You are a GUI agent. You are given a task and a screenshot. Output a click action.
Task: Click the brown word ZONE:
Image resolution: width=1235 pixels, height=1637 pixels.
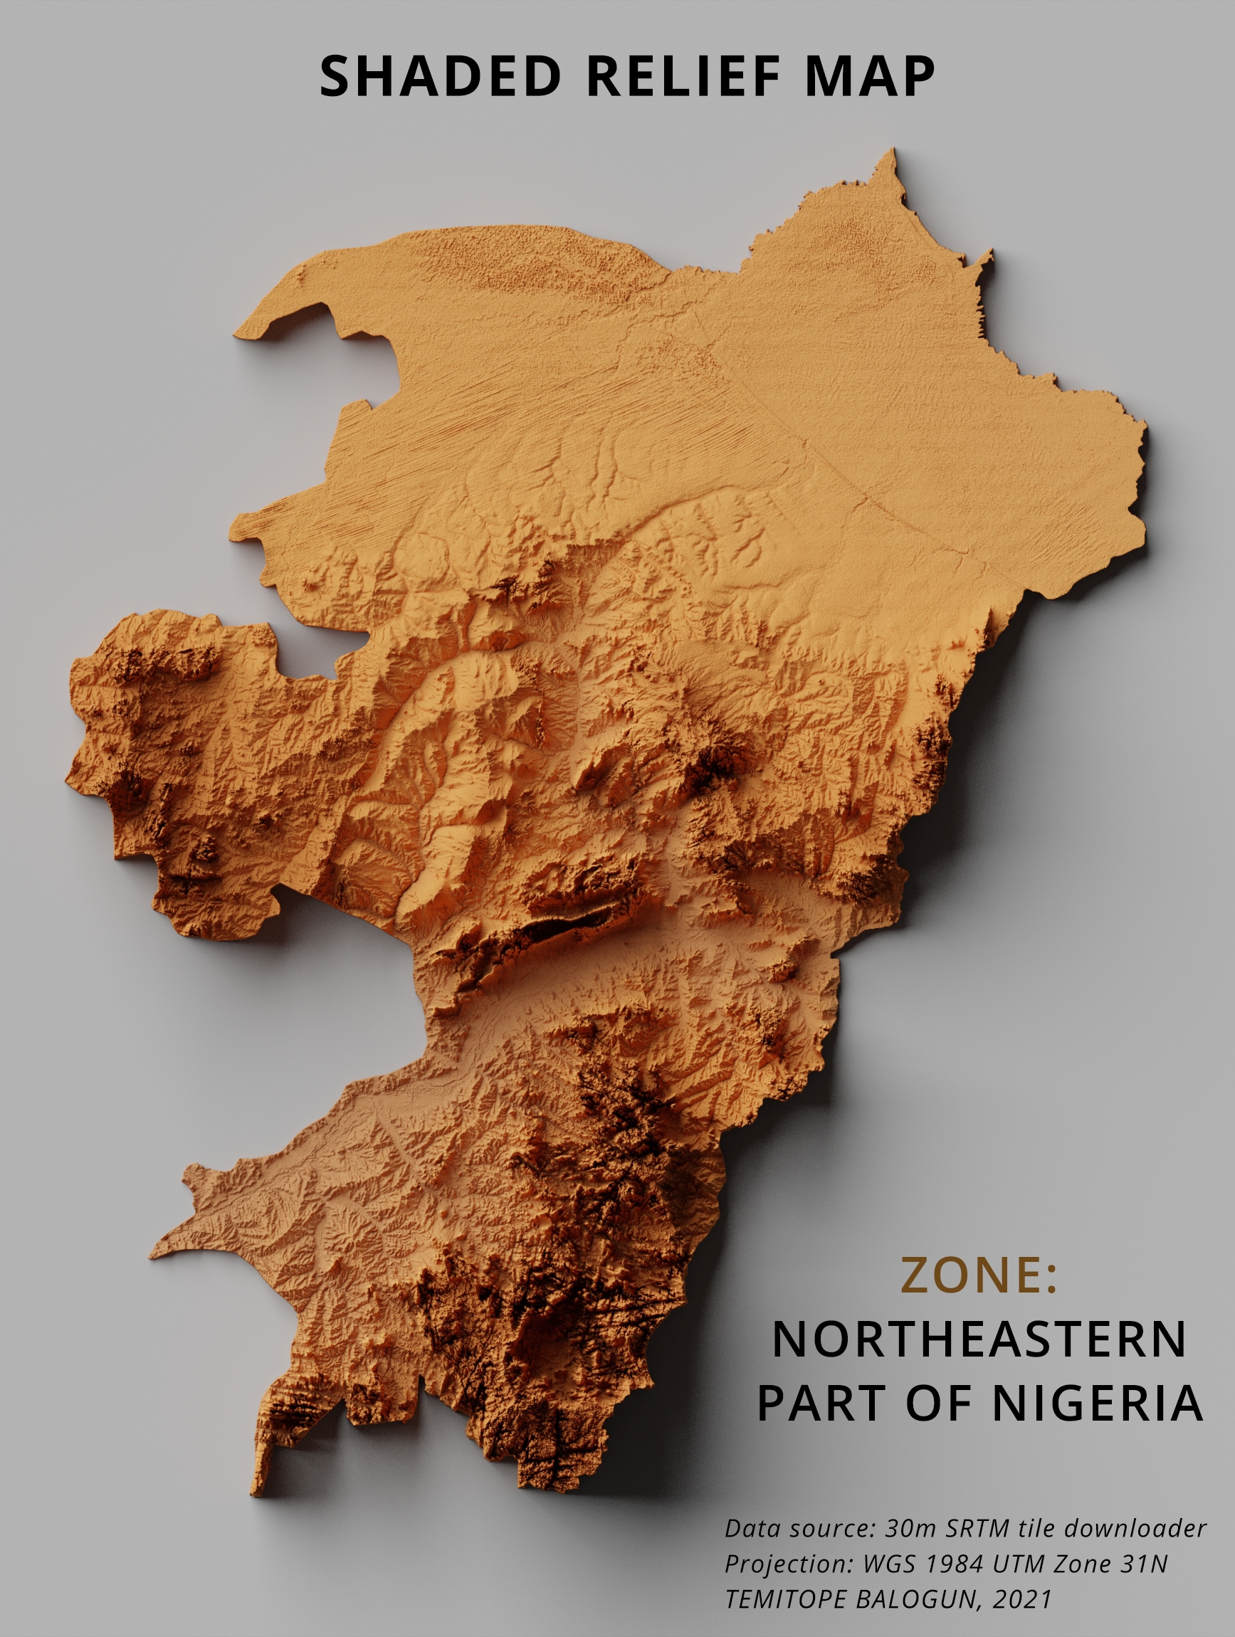pyautogui.click(x=978, y=1275)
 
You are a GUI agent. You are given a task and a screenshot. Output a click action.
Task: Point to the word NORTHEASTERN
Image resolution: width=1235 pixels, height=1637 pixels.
pyautogui.click(x=978, y=1339)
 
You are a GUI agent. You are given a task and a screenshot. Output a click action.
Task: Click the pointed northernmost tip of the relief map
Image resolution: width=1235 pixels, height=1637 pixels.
pyautogui.click(x=893, y=151)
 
